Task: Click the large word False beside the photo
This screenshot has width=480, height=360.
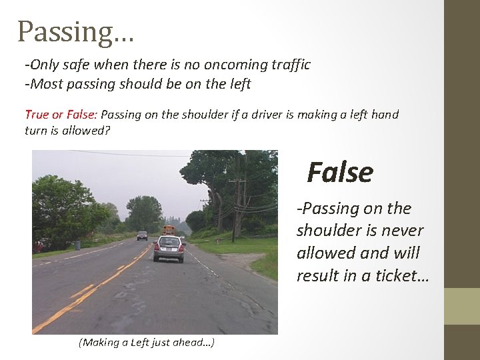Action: (340, 172)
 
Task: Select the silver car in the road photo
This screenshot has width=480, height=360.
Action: (169, 247)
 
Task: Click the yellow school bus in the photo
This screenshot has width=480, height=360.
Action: (169, 230)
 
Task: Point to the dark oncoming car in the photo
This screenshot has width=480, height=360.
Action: (142, 235)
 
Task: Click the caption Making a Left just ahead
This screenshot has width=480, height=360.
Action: (146, 343)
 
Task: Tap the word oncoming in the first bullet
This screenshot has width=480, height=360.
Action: (228, 65)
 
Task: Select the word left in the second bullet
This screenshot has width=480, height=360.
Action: (239, 84)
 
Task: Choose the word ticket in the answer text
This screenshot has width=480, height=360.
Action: (391, 276)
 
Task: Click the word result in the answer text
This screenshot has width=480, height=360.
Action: (319, 276)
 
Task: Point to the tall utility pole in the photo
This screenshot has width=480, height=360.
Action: (234, 200)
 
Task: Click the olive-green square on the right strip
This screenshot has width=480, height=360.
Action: (461, 306)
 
